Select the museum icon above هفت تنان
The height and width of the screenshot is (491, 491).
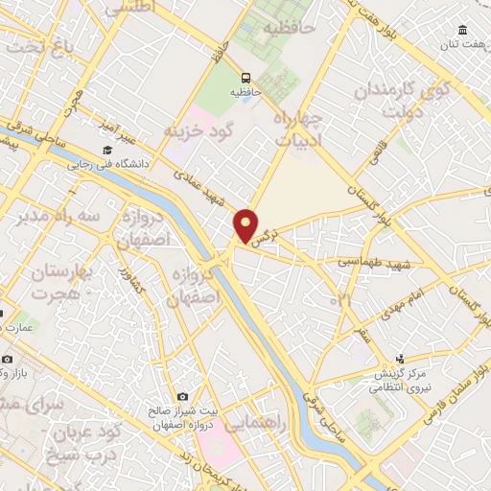463,29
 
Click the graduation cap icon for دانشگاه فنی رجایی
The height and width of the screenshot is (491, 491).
107,151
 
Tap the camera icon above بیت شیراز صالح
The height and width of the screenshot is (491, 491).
182,397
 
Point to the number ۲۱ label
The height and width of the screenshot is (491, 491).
342,301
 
